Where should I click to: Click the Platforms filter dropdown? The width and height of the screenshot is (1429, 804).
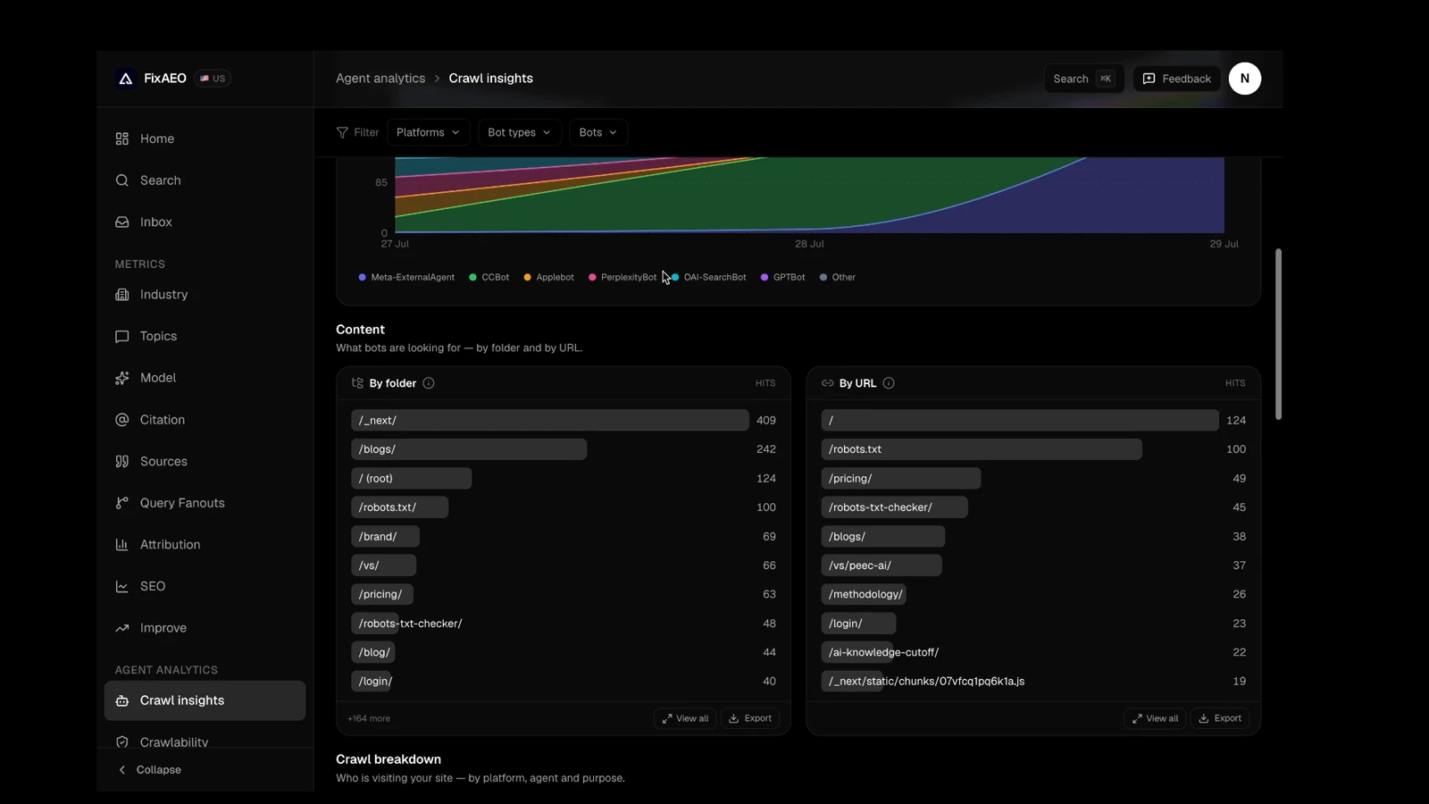click(x=428, y=132)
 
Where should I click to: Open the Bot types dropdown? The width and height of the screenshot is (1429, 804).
click(x=519, y=132)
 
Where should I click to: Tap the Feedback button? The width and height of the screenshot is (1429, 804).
click(x=1176, y=79)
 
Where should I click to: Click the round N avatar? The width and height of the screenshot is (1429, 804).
click(x=1245, y=79)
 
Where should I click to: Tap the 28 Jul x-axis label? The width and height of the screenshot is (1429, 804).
click(x=809, y=244)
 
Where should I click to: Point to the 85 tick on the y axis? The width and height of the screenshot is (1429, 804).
click(x=380, y=182)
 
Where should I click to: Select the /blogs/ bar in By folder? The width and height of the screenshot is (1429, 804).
click(x=469, y=449)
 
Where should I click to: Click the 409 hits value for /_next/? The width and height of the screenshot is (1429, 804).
click(x=765, y=421)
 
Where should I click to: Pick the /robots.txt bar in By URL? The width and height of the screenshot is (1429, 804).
click(x=982, y=449)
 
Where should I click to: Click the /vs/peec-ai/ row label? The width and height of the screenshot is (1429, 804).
click(x=859, y=565)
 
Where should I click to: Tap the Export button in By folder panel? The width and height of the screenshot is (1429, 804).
click(x=750, y=718)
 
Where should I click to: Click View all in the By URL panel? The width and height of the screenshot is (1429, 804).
click(x=1155, y=718)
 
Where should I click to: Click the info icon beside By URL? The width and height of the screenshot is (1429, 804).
click(x=888, y=383)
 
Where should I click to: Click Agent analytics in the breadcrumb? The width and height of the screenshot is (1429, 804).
click(x=380, y=79)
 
